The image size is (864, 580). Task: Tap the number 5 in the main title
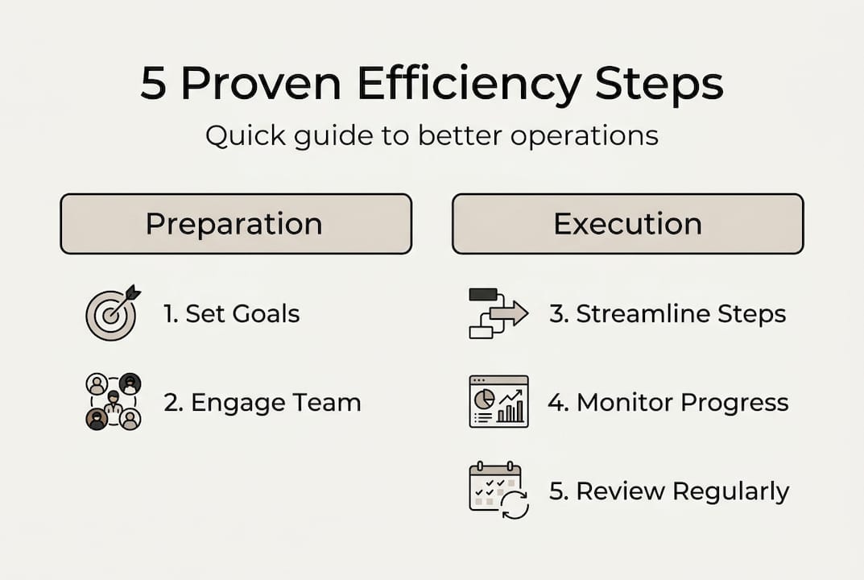[x=153, y=85]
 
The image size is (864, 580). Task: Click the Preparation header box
[x=236, y=224]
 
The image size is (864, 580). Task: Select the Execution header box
[x=627, y=224]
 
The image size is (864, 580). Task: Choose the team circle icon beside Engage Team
[x=114, y=401]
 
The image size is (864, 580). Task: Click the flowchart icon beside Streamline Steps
[x=498, y=313]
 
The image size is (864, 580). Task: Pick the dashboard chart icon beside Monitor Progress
[x=498, y=401]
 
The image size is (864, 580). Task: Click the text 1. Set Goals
[x=232, y=313]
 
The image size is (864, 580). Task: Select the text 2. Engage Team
[x=263, y=402]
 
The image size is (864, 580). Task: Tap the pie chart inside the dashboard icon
[x=485, y=398]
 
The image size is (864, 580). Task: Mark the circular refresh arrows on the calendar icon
[x=515, y=505]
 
